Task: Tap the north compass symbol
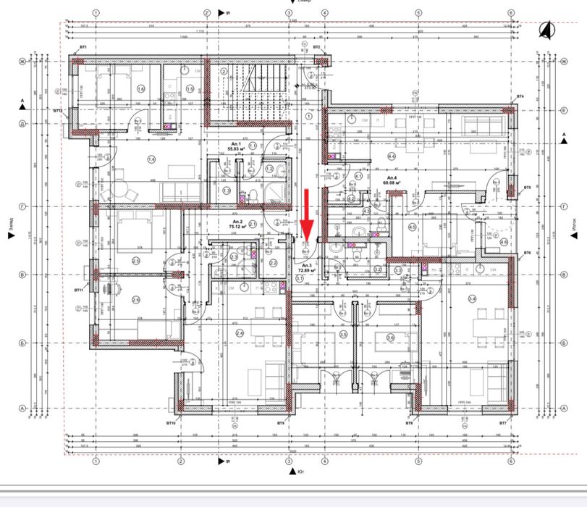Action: (x=544, y=30)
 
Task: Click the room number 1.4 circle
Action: (x=151, y=159)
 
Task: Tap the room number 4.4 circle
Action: (x=392, y=156)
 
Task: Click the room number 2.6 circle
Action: (x=135, y=299)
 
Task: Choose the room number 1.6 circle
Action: (x=140, y=89)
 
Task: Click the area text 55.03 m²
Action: (x=236, y=150)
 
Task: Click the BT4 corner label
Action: (x=520, y=96)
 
